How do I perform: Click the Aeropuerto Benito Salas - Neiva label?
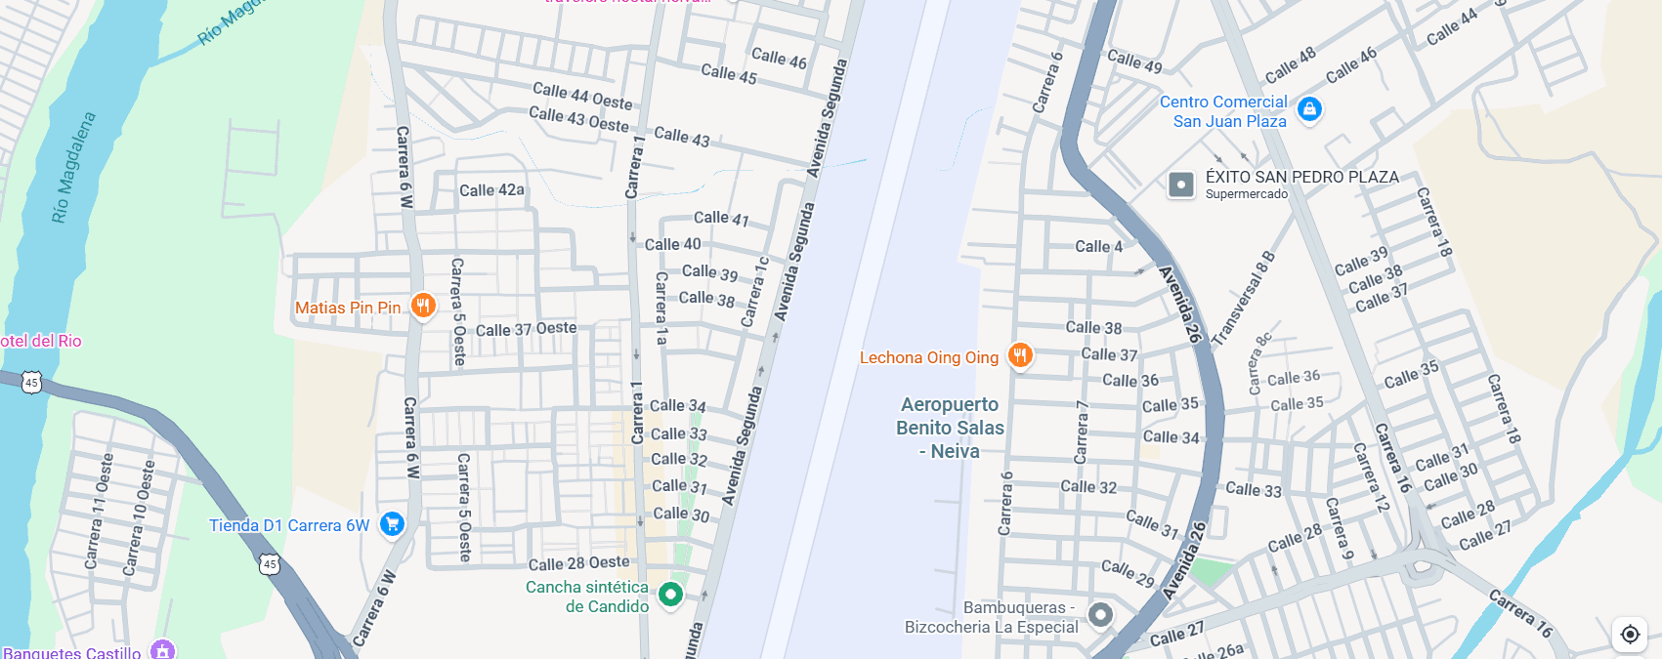pos(950,428)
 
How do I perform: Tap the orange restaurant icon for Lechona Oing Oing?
pos(1020,356)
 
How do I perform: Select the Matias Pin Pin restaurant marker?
pos(422,307)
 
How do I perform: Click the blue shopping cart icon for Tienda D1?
pos(392,524)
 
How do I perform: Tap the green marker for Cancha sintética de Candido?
pos(670,594)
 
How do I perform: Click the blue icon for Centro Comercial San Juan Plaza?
pos(1309,109)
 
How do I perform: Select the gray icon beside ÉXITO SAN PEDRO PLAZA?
pos(1181,185)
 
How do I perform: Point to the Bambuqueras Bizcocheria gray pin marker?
pos(1100,615)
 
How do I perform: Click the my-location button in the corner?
pos(1629,635)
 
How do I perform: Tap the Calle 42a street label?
pos(491,190)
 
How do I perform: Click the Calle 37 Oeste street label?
pos(526,329)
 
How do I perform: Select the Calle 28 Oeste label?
pos(578,563)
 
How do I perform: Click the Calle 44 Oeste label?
pos(582,96)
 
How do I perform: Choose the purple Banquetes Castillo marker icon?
pos(163,650)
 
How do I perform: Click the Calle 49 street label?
pos(1134,62)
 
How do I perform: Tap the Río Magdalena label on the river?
pos(74,167)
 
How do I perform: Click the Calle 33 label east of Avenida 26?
pos(1253,490)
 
